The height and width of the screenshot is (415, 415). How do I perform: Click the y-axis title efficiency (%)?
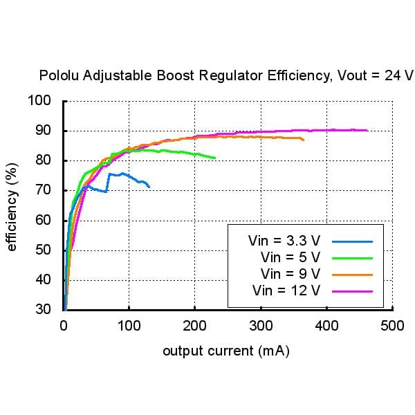(12, 205)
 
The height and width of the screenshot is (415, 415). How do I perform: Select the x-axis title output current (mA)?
(226, 351)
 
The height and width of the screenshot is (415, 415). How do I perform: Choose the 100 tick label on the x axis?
(129, 324)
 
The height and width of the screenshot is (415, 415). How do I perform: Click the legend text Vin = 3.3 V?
(284, 241)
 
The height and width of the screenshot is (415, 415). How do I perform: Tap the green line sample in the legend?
(352, 258)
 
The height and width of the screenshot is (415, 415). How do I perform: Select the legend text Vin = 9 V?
(290, 274)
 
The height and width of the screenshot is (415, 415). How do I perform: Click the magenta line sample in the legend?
(352, 290)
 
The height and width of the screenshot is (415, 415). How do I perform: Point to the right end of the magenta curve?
(367, 130)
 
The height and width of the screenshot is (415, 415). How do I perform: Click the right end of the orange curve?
(303, 140)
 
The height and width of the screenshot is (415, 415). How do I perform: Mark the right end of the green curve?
(215, 158)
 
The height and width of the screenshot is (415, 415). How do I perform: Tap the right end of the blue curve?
(149, 186)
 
